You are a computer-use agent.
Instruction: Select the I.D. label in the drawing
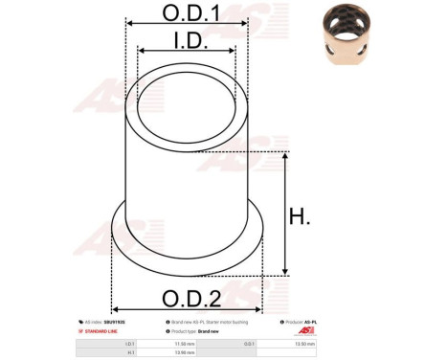click(x=188, y=40)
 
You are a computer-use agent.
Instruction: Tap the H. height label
click(x=299, y=217)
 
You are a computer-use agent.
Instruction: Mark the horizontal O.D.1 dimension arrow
click(x=187, y=26)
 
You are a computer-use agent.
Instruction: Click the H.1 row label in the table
click(x=130, y=351)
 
